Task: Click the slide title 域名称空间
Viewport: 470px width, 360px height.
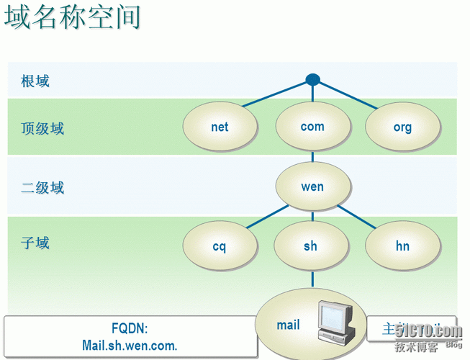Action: click(x=72, y=17)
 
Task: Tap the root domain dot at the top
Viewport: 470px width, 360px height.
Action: click(x=312, y=80)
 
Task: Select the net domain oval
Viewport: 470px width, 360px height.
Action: click(x=220, y=127)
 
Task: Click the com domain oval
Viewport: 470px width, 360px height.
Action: click(x=312, y=127)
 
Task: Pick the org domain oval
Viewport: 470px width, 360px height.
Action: click(x=402, y=127)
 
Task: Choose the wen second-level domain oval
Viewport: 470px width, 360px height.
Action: click(x=312, y=186)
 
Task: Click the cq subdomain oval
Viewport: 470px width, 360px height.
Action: click(x=220, y=246)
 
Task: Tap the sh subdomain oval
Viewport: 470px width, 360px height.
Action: click(x=311, y=246)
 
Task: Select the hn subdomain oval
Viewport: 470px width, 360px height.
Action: click(x=402, y=246)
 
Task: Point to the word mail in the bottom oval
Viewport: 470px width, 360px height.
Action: click(x=288, y=325)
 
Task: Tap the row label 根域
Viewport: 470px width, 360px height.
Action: click(x=35, y=81)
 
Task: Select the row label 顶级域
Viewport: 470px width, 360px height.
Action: click(x=42, y=129)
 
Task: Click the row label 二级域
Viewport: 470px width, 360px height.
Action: click(x=42, y=188)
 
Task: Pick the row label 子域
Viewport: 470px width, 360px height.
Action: click(x=35, y=243)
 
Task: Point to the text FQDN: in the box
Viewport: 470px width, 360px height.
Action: click(x=130, y=328)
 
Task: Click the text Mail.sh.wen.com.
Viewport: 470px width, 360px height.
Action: click(x=130, y=345)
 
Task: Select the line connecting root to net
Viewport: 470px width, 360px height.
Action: click(x=277, y=94)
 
